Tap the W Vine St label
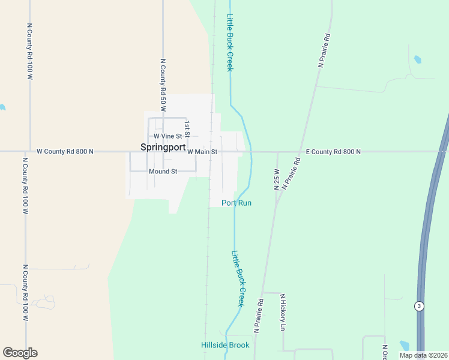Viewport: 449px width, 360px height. [x=167, y=136]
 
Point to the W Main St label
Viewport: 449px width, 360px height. [x=202, y=152]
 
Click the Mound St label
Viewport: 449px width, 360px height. [x=163, y=172]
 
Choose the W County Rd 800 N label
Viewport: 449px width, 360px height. [x=65, y=152]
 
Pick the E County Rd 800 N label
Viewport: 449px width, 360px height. [x=333, y=152]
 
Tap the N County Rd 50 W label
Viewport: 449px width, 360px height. [x=163, y=85]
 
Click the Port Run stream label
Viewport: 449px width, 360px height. [x=237, y=203]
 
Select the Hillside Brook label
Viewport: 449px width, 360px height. [x=224, y=345]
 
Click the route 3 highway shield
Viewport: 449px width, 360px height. [x=419, y=306]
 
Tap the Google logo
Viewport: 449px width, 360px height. [x=20, y=353]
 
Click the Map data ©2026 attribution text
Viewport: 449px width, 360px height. [x=423, y=355]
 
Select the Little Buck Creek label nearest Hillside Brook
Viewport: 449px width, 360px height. [x=239, y=278]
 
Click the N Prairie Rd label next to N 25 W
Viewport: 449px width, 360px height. [x=291, y=174]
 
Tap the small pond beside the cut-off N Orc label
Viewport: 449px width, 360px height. [x=404, y=346]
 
